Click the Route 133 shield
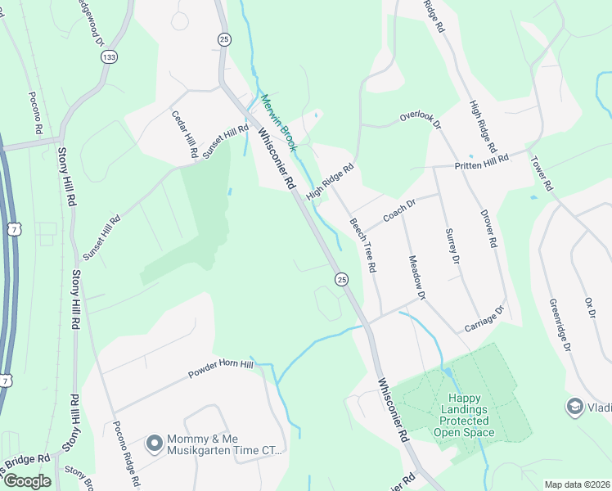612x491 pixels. point(109,56)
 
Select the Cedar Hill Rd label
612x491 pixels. point(184,134)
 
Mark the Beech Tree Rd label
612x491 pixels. point(362,245)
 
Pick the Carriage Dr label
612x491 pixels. point(486,319)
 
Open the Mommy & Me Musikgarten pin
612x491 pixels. point(153,444)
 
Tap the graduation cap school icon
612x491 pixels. point(574,406)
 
